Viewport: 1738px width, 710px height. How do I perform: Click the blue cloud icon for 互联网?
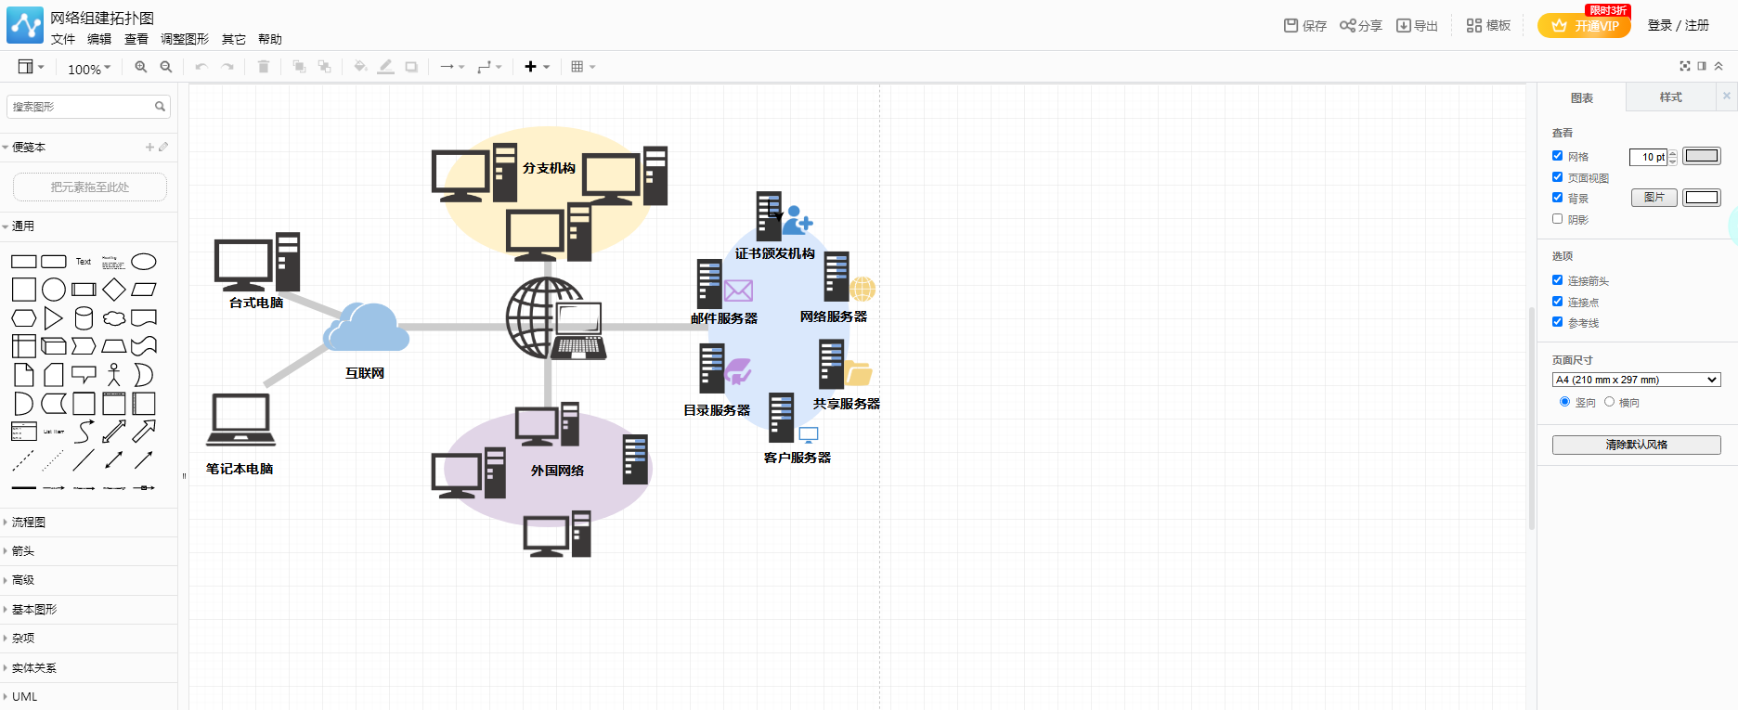point(367,328)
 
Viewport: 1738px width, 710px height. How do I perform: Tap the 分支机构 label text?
point(549,168)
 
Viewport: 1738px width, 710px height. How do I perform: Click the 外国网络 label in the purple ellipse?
point(557,471)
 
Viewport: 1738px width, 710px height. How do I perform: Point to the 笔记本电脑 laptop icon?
point(240,420)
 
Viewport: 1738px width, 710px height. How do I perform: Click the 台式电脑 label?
point(256,303)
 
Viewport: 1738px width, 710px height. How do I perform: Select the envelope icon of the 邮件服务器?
point(738,290)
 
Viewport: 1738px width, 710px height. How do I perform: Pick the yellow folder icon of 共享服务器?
point(858,373)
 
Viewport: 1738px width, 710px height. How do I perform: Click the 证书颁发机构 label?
point(774,253)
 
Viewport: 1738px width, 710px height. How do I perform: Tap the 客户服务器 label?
point(797,458)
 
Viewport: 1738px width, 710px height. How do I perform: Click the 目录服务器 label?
point(717,410)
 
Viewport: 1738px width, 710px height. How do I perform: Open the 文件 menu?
point(63,39)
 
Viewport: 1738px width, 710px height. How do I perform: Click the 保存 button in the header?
point(1305,26)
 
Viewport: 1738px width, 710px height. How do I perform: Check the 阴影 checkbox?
point(1558,219)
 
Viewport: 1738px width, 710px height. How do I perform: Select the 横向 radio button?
point(1610,402)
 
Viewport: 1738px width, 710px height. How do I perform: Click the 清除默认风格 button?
point(1636,445)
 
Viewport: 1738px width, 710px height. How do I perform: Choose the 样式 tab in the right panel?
point(1670,97)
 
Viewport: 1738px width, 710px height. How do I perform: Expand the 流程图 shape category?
point(29,523)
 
